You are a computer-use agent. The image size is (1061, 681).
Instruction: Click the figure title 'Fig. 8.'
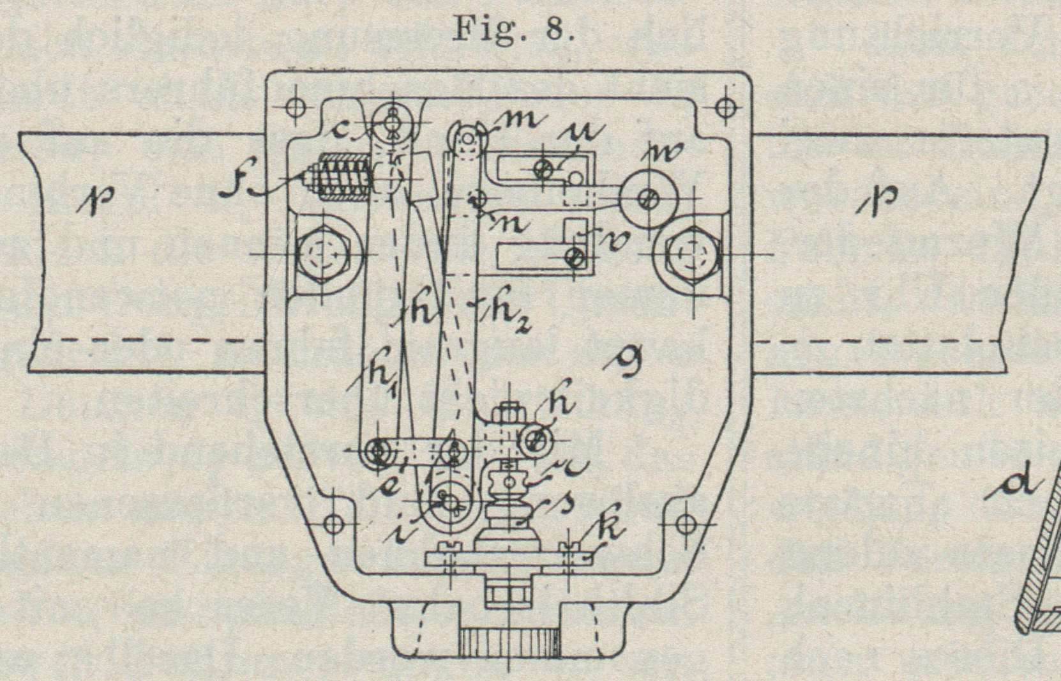(x=513, y=29)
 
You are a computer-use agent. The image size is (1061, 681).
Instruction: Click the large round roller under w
(x=650, y=198)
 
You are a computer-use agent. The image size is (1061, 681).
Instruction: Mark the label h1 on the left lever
(x=380, y=382)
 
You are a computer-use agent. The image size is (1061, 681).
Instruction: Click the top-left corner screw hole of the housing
(x=295, y=107)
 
